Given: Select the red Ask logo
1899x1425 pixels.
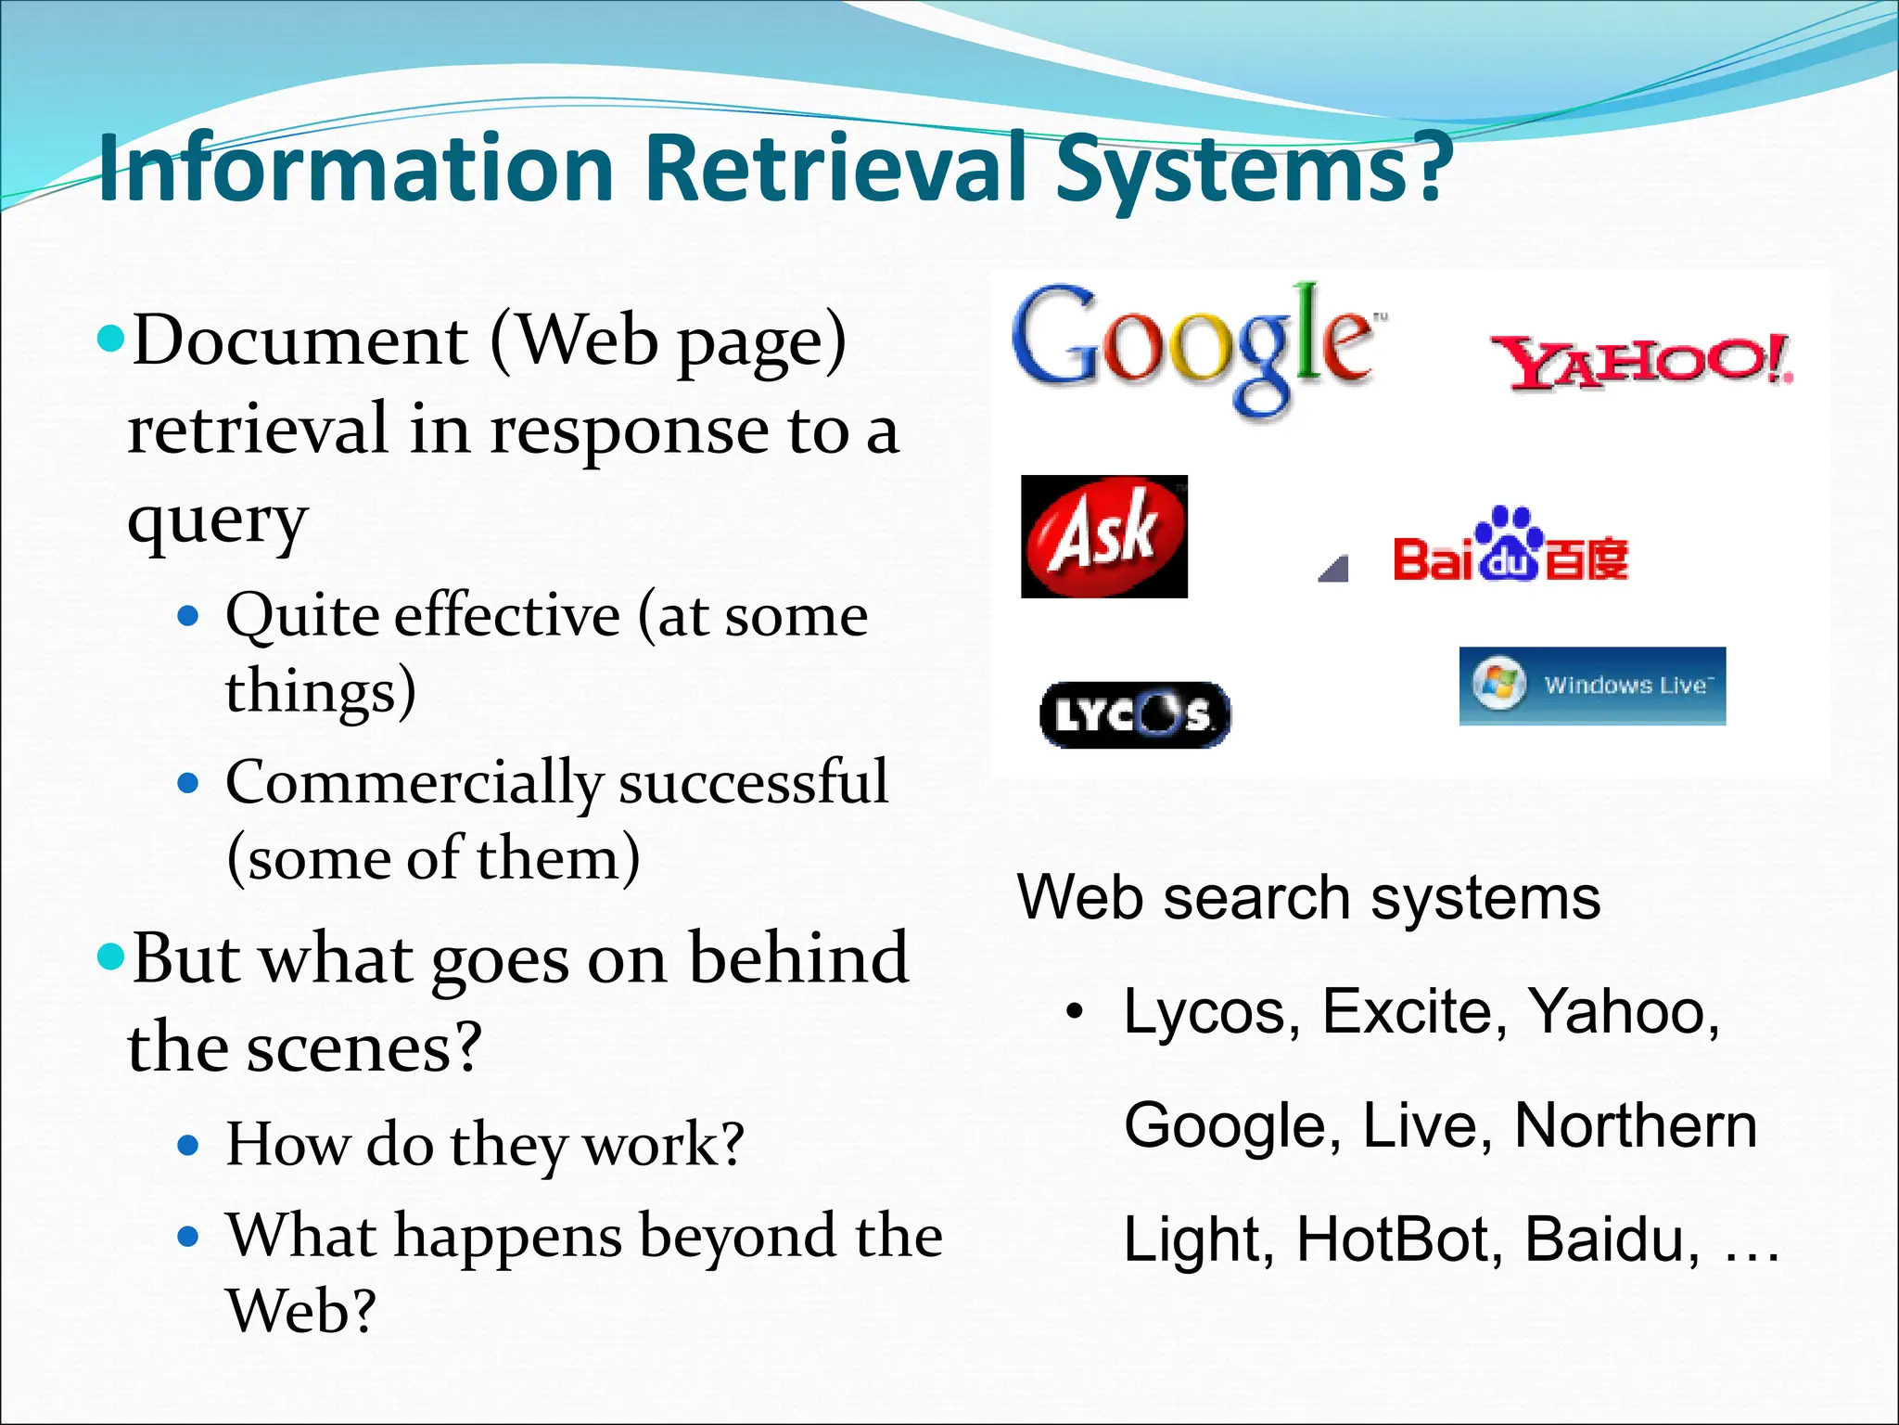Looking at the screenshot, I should (x=1103, y=536).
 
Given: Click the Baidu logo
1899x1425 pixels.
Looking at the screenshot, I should (x=1510, y=547).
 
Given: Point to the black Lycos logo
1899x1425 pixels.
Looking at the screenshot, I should (x=1135, y=714).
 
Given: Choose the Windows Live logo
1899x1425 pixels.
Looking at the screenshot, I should (x=1592, y=686).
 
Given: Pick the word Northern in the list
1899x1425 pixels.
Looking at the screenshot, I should (x=1635, y=1126).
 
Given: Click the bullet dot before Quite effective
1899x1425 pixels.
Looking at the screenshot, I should (x=188, y=615).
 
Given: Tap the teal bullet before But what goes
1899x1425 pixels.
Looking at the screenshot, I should (x=110, y=956).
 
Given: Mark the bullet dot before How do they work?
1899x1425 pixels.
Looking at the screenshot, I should (x=188, y=1146).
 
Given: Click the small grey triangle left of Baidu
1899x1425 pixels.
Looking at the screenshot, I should (x=1333, y=568).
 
